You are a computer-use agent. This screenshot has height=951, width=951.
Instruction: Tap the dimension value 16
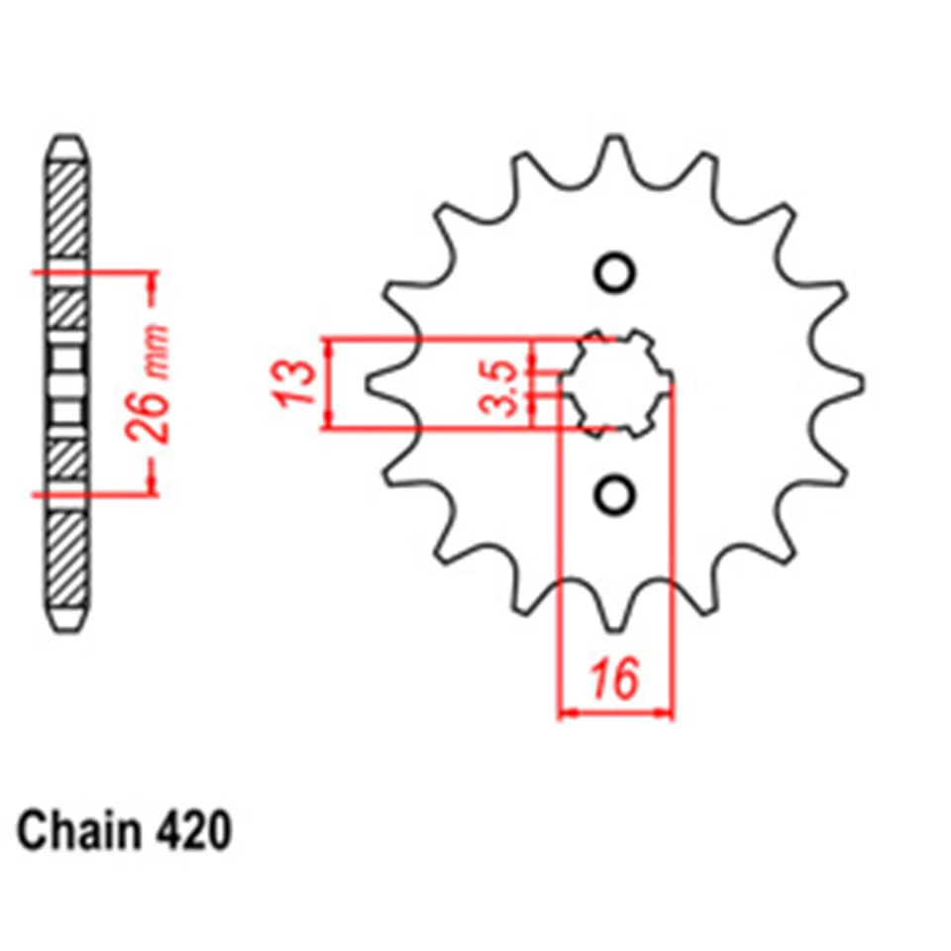(615, 682)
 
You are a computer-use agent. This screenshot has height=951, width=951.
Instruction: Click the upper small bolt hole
(615, 271)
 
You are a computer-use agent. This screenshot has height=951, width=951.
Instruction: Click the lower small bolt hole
(615, 491)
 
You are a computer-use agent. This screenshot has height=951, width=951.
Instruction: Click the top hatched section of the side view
(70, 208)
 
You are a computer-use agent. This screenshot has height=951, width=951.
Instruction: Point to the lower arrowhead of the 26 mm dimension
(152, 483)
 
